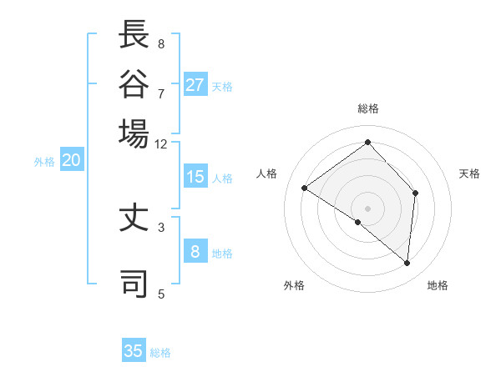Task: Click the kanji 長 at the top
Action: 134,35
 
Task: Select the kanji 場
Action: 134,133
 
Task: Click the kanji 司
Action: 134,283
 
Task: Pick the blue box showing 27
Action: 195,85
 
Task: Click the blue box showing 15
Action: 195,177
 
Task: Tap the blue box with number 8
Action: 195,252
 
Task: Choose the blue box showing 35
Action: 134,351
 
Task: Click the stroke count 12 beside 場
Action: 161,143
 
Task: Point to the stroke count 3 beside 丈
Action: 161,226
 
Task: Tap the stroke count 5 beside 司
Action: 161,293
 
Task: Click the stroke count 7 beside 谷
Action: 161,93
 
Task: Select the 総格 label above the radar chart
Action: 368,108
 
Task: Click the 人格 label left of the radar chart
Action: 267,173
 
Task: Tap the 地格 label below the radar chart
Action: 438,285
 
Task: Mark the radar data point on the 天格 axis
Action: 415,193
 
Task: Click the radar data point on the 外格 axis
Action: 358,222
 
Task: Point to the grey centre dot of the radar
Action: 368,208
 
